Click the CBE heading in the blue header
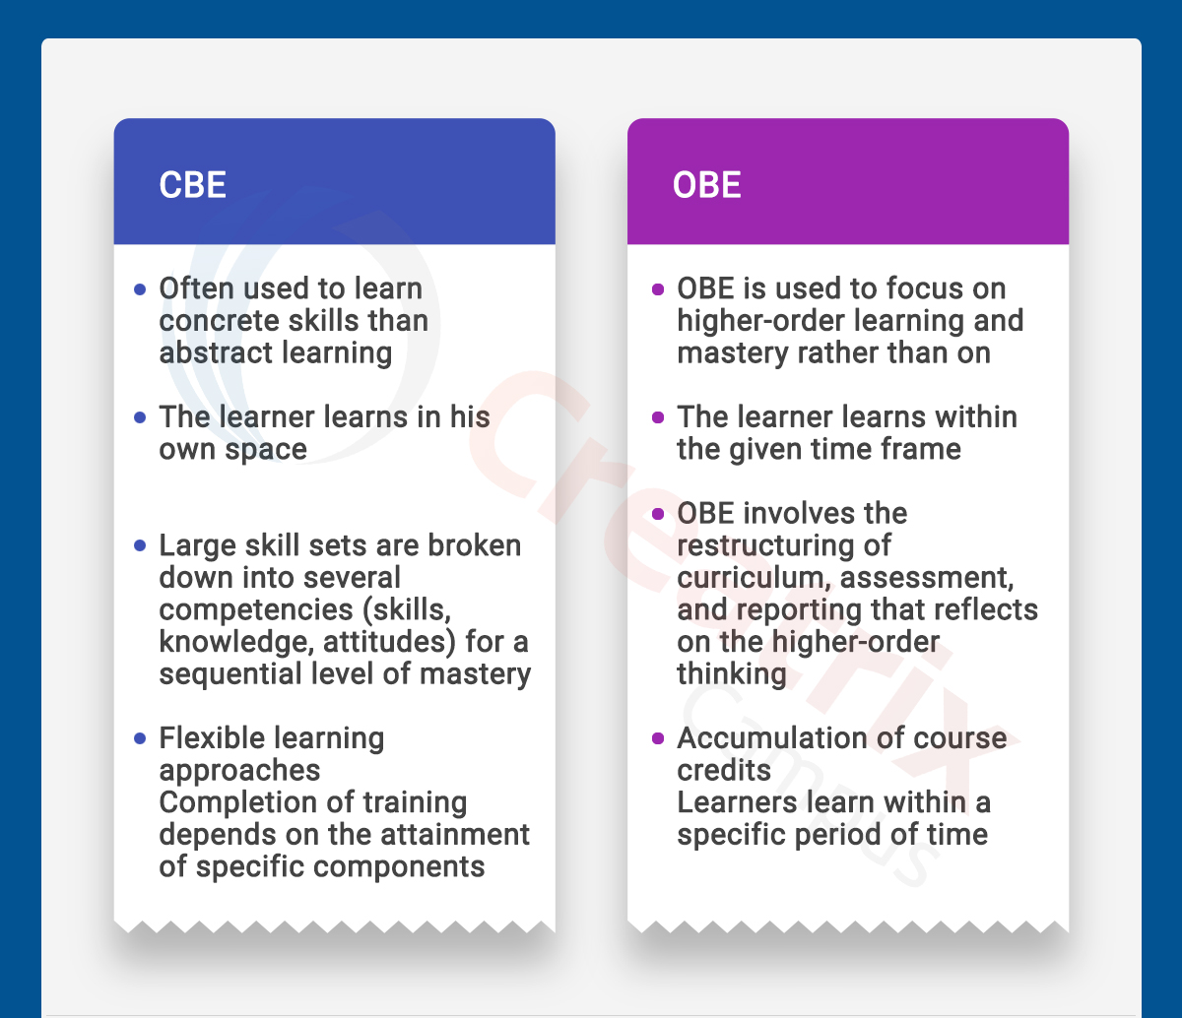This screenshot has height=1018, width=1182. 193,185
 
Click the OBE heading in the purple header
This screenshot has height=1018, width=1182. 707,185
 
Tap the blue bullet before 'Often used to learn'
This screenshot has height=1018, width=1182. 140,289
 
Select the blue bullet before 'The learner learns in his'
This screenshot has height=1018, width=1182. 140,417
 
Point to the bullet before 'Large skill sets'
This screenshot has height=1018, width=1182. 140,545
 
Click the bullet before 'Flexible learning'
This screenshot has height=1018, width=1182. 140,738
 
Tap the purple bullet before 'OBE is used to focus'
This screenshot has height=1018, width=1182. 658,289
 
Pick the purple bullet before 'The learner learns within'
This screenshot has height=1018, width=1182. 658,417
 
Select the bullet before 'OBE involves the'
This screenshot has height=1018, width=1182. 658,514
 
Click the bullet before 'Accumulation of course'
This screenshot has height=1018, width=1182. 658,738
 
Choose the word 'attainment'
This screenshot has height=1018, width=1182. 455,835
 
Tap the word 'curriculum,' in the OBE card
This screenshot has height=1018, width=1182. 755,578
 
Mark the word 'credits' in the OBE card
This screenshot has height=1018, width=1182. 724,771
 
